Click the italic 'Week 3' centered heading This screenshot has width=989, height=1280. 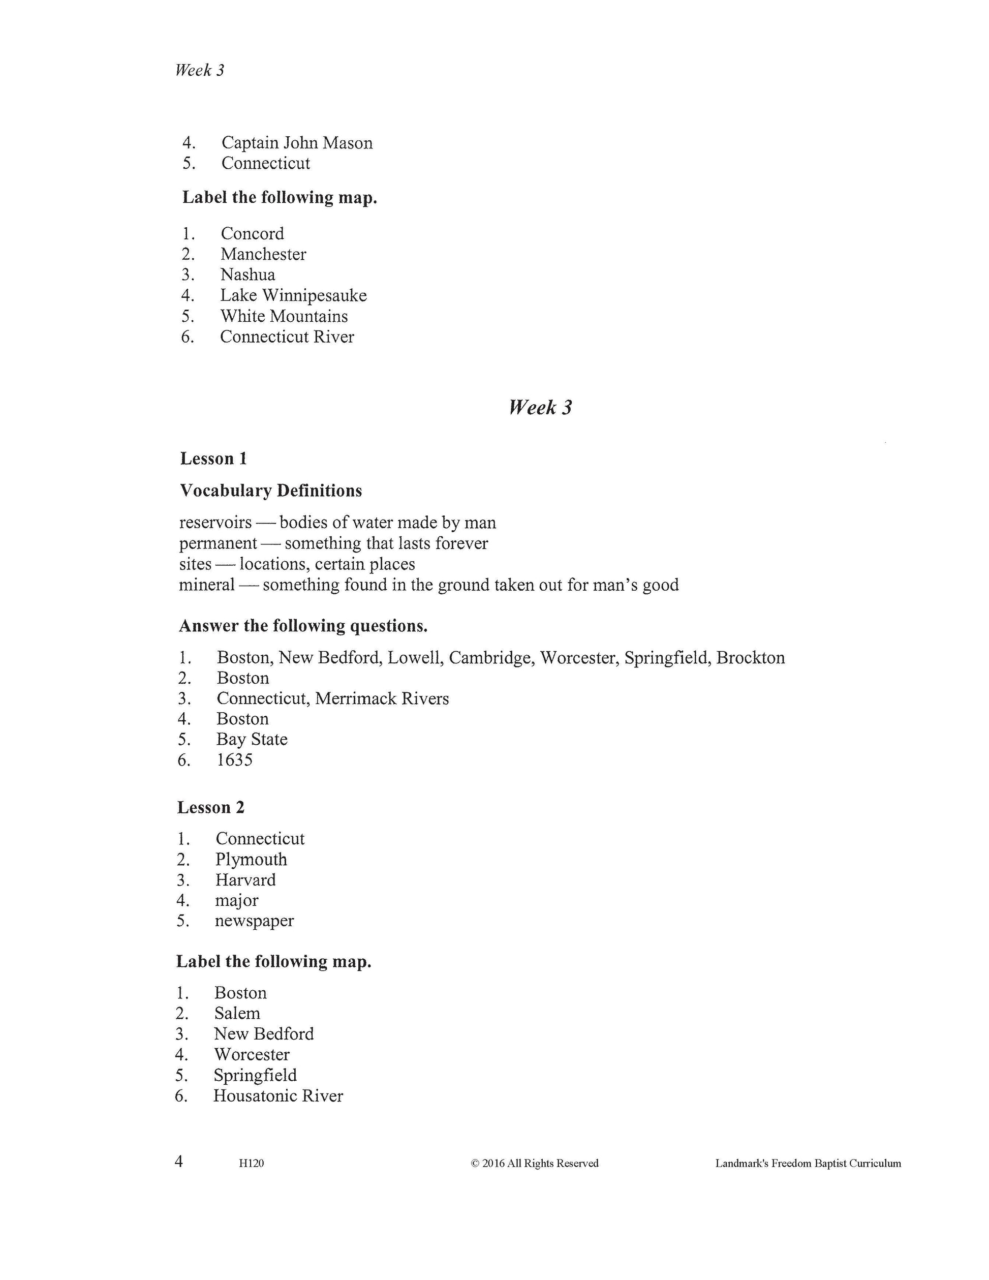[540, 407]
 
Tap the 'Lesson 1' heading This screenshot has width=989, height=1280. [213, 459]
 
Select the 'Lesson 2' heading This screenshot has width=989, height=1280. [211, 807]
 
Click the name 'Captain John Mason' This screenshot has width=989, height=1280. [296, 142]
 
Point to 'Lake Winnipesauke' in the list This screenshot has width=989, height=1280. [294, 295]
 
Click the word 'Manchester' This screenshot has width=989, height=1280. [263, 254]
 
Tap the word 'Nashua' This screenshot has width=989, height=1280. [248, 275]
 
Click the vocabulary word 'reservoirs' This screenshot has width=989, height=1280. [215, 522]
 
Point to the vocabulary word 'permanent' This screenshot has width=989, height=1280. [218, 543]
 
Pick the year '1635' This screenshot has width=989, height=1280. [234, 759]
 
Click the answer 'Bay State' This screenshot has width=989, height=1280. [252, 739]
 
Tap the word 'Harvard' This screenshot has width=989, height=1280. [245, 880]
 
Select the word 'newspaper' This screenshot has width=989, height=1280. [254, 921]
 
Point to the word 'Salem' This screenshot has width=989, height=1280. [237, 1013]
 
